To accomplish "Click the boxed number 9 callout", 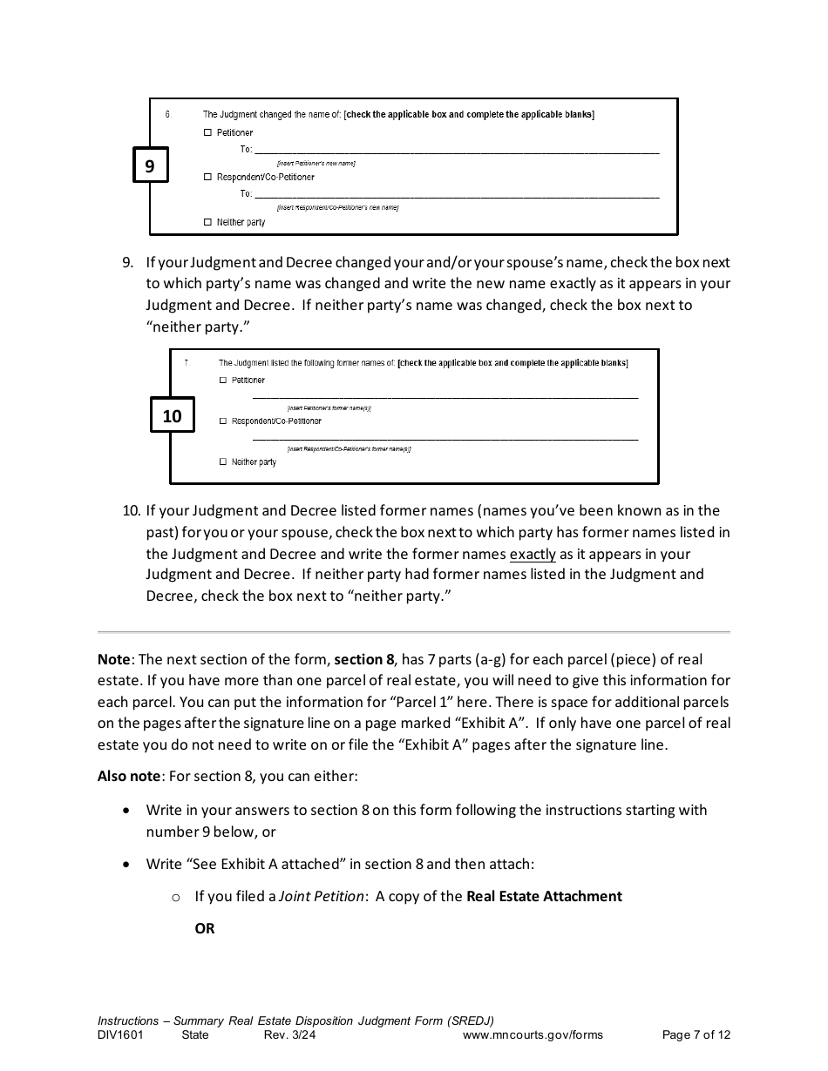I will tap(150, 165).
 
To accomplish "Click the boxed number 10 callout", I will tap(172, 415).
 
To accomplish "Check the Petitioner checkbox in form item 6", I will tap(207, 132).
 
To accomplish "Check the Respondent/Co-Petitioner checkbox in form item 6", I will tap(207, 177).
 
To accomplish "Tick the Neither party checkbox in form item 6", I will tap(207, 222).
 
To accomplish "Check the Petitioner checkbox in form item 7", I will tap(223, 381).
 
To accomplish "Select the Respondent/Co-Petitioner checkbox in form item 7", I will tap(223, 421).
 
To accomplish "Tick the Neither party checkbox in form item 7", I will tap(223, 462).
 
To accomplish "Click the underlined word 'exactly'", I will tap(533, 554).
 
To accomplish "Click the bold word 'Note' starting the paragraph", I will tap(113, 660).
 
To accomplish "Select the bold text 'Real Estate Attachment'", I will tap(544, 896).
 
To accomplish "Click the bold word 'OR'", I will tap(205, 928).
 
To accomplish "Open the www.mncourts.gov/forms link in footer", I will tap(533, 1035).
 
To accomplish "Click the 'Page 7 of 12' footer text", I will tap(696, 1035).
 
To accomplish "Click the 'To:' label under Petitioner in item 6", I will tap(246, 150).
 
